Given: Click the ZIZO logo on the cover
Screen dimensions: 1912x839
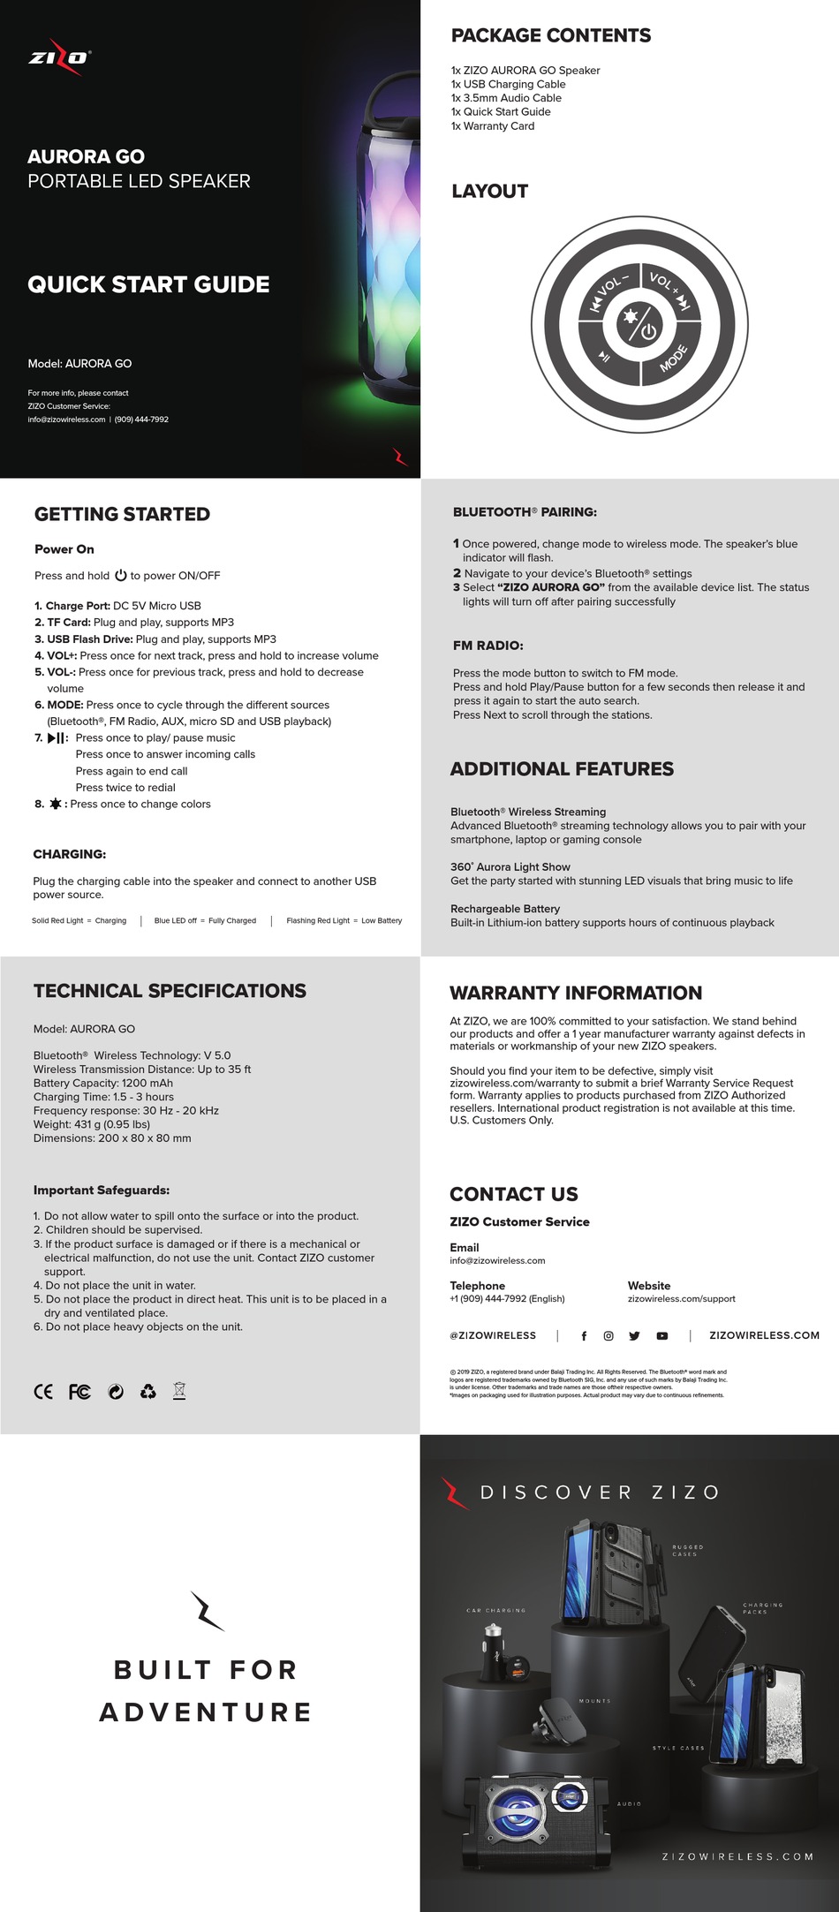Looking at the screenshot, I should [x=59, y=57].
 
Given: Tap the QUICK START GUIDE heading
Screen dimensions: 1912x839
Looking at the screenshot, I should [x=148, y=284].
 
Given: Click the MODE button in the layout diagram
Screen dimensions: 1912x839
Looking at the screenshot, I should [x=674, y=359].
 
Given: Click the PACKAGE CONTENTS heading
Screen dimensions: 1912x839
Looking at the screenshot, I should [x=550, y=35].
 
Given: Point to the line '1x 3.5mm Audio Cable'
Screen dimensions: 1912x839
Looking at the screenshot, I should [x=506, y=98].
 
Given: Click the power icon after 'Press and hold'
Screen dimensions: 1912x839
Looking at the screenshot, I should [x=121, y=576].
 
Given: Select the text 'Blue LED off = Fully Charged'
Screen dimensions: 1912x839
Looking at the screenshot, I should [x=205, y=920].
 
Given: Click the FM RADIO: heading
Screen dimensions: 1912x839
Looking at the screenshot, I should [x=488, y=646].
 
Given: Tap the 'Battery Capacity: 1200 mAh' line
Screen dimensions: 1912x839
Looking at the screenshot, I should [x=103, y=1083].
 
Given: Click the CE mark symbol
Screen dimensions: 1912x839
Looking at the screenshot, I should [x=42, y=1392].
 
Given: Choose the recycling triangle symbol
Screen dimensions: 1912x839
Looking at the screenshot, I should [x=148, y=1392].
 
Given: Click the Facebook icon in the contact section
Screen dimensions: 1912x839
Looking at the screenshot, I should [x=584, y=1336].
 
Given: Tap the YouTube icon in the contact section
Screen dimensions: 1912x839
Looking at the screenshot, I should [x=662, y=1336].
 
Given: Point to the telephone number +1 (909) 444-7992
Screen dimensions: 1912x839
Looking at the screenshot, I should [x=507, y=1298].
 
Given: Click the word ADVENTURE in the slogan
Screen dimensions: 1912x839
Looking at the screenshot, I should [x=206, y=1712].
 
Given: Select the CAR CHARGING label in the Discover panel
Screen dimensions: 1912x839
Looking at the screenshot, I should [x=495, y=1610].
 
